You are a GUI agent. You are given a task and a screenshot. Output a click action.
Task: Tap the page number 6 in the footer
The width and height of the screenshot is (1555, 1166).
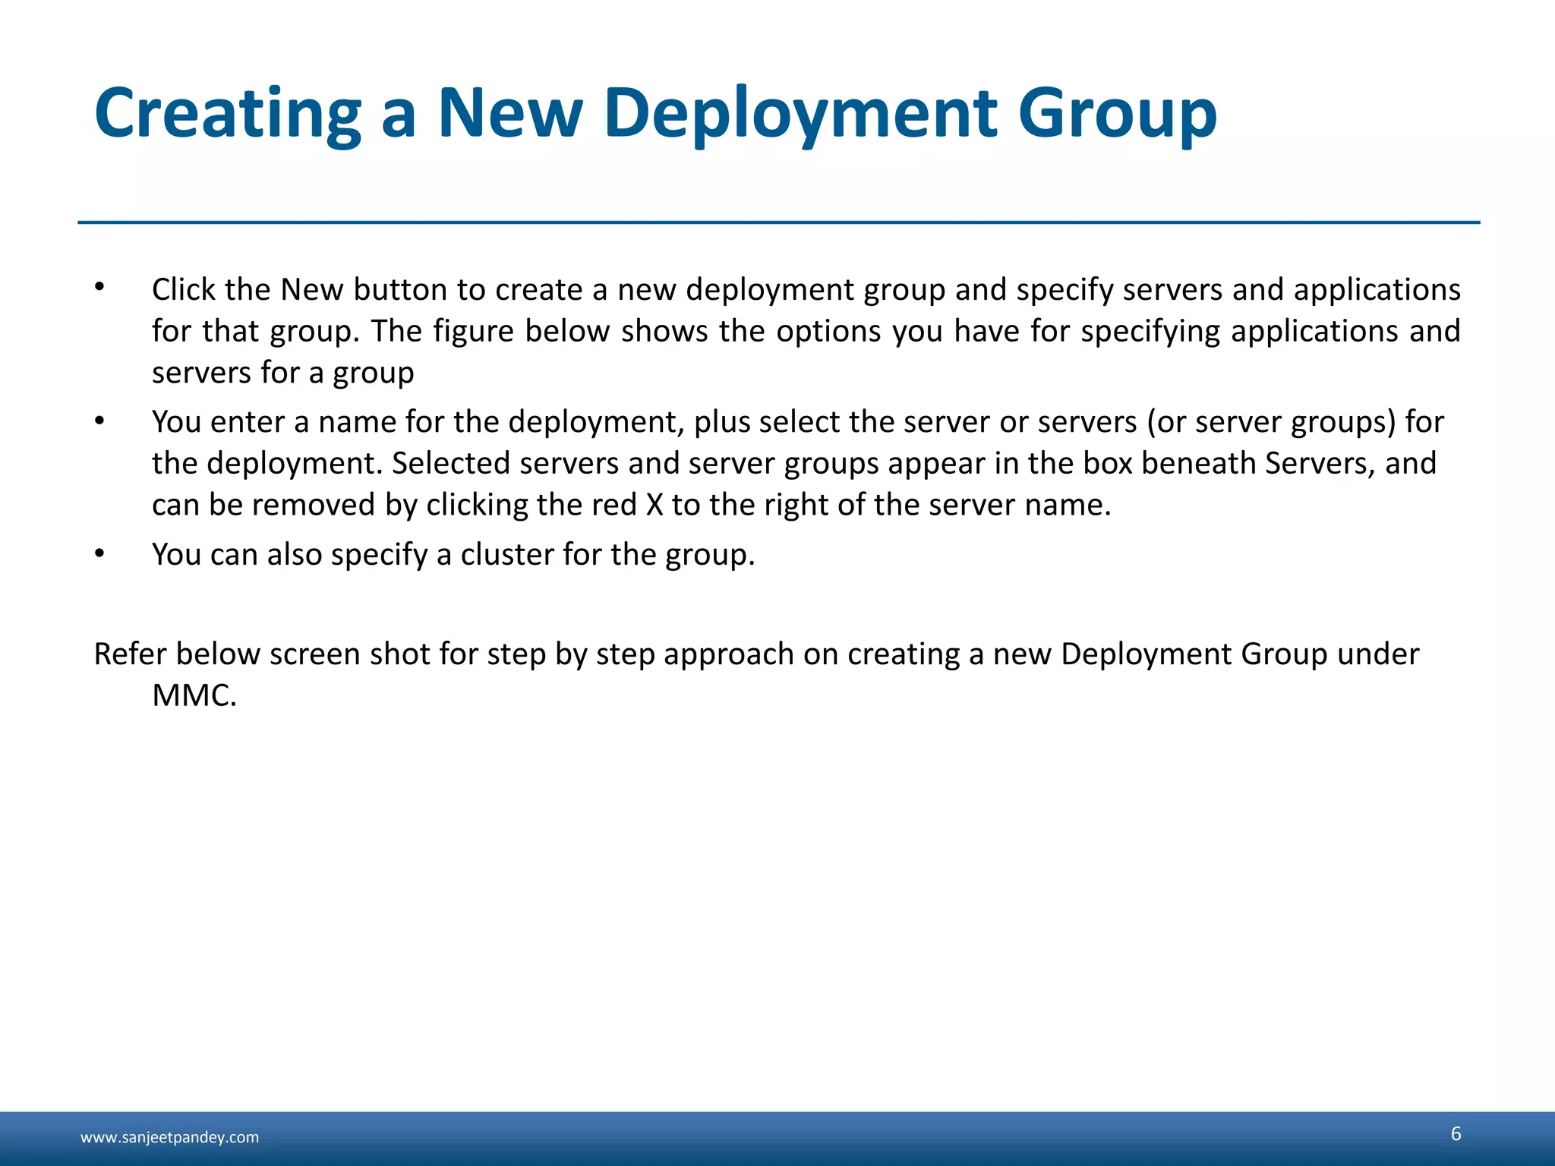(1456, 1134)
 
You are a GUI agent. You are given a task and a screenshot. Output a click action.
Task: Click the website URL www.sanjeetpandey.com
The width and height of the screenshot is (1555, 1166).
(169, 1137)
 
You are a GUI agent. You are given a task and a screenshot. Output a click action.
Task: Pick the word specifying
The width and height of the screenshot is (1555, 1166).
(1150, 332)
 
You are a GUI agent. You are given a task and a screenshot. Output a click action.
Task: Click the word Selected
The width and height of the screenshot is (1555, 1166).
(451, 464)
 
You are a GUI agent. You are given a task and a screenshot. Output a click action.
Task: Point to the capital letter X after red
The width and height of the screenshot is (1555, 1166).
(654, 506)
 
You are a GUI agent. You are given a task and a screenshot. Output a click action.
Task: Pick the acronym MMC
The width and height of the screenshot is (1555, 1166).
(193, 696)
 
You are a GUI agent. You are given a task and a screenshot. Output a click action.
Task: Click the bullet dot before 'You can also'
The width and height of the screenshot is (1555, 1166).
(99, 553)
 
